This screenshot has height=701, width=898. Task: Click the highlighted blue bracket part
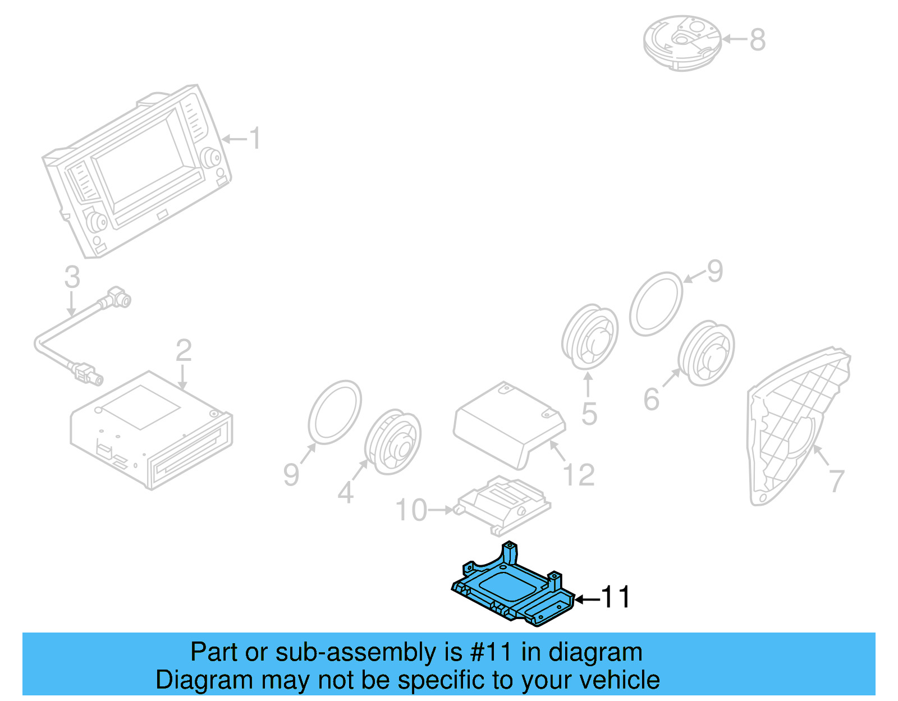click(x=508, y=589)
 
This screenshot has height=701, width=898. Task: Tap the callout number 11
click(x=615, y=597)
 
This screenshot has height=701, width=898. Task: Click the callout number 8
click(x=757, y=40)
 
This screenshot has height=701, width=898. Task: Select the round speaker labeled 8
click(x=681, y=42)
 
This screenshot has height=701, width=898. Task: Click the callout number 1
click(x=254, y=139)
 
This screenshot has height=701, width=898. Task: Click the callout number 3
click(x=72, y=277)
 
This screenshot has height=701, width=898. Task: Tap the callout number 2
click(x=184, y=351)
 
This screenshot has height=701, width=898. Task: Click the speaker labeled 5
click(x=589, y=337)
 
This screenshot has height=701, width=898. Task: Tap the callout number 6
click(x=651, y=400)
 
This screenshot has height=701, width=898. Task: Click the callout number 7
click(x=836, y=481)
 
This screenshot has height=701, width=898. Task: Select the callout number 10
click(x=411, y=510)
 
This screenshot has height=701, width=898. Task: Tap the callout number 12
click(x=579, y=475)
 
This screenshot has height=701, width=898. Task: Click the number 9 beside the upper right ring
click(x=714, y=272)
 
